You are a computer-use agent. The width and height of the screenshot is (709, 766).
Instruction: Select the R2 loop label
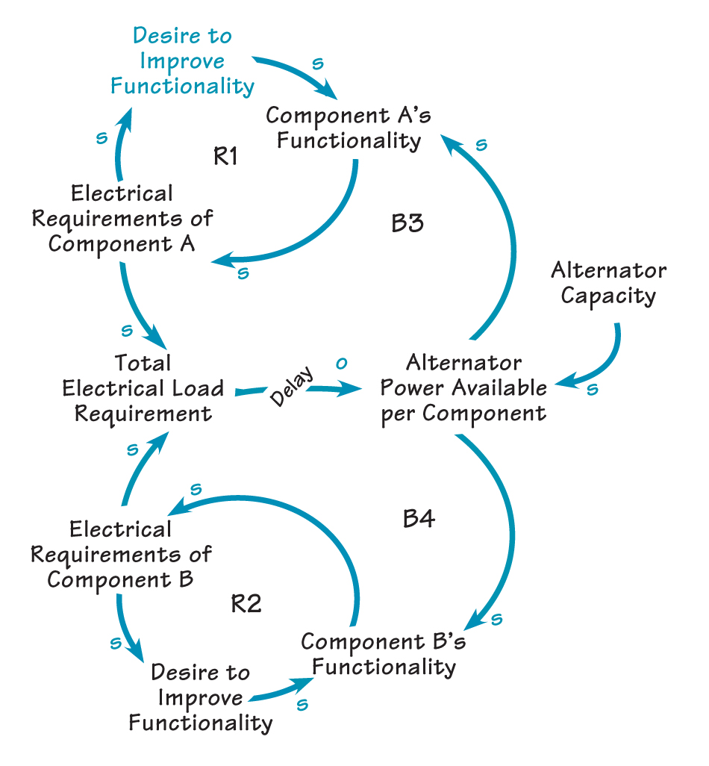(x=246, y=603)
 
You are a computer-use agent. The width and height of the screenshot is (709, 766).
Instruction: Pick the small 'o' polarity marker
(x=341, y=364)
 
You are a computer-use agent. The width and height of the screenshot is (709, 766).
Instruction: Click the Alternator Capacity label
(x=608, y=282)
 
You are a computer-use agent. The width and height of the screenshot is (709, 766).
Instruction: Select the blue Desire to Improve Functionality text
(x=182, y=60)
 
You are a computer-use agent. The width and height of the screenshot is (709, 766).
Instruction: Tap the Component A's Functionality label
(x=349, y=128)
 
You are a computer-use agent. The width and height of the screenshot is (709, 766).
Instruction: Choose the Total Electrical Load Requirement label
(x=143, y=388)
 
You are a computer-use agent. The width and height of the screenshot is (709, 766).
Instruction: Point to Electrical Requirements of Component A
(x=131, y=219)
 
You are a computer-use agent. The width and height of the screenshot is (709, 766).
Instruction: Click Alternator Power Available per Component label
(x=463, y=388)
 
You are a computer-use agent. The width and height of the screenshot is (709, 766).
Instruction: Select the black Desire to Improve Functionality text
(x=200, y=697)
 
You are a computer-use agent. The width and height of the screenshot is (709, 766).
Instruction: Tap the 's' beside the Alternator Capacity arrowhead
(x=592, y=388)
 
